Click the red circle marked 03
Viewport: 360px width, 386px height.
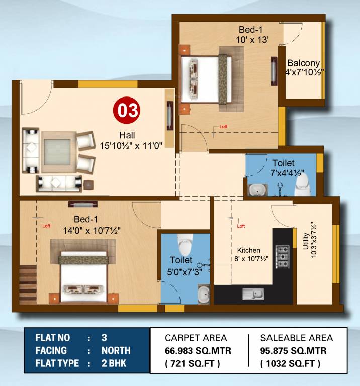coord(127,110)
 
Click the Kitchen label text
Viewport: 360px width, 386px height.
coord(249,250)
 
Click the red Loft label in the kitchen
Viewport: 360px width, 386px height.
coord(241,226)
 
